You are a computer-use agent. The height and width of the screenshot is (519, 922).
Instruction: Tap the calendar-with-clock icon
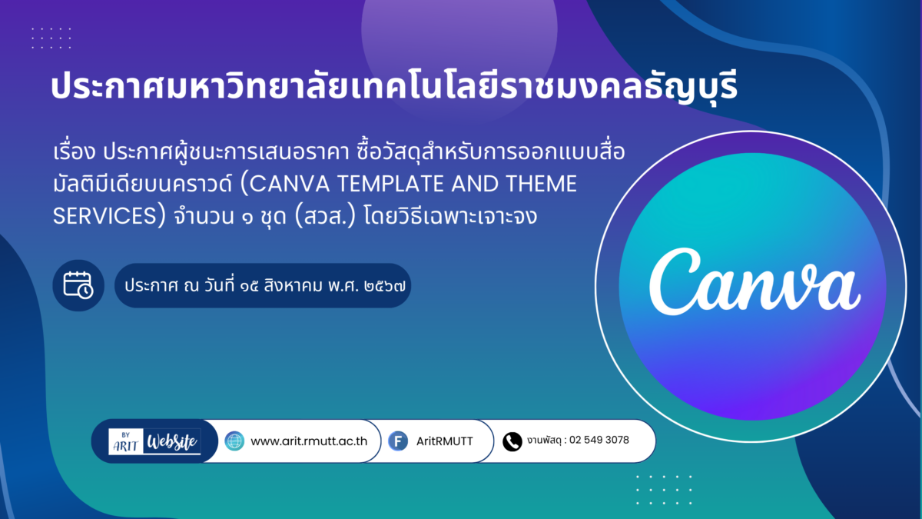[78, 285]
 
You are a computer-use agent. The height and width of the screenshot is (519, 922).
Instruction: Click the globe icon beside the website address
[234, 441]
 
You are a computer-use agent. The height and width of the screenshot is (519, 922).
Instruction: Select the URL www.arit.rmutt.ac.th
[309, 441]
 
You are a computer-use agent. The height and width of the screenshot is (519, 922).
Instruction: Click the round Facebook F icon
[398, 441]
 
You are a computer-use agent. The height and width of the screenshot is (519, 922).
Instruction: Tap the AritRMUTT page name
[445, 441]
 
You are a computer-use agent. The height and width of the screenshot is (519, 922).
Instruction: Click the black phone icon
[512, 441]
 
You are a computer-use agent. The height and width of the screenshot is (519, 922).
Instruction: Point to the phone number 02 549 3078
[599, 440]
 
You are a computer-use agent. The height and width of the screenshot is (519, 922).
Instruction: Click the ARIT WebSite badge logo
[154, 441]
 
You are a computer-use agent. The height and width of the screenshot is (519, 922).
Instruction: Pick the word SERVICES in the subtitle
[105, 216]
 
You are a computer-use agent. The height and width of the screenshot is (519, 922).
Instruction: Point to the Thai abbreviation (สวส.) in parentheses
[325, 216]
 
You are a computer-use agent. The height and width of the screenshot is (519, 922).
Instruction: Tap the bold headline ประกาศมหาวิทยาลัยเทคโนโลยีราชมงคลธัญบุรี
[394, 86]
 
